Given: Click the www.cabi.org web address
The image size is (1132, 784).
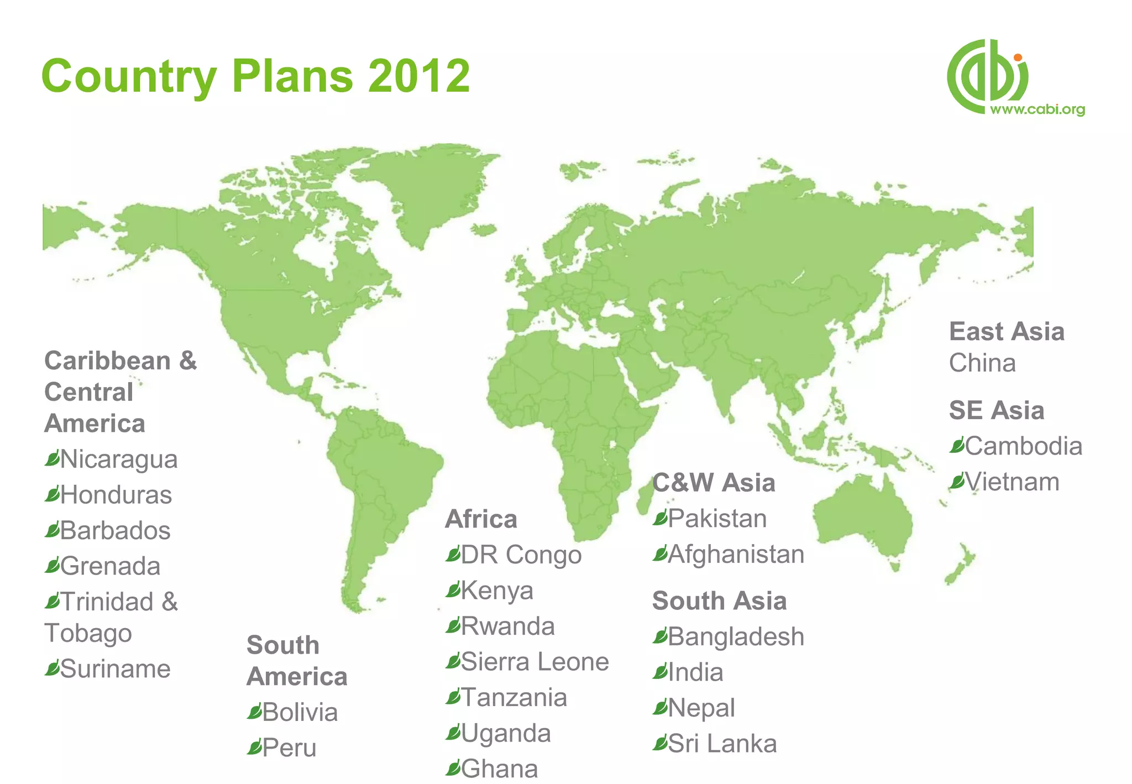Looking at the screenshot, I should [x=1037, y=109].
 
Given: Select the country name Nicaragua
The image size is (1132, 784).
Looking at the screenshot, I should [x=119, y=459].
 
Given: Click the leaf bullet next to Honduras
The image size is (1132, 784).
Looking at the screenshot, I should [x=52, y=494].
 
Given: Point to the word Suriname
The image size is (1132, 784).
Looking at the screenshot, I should [x=115, y=669].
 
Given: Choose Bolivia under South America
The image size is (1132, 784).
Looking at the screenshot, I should [x=300, y=712].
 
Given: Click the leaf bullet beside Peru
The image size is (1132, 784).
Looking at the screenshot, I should [x=254, y=747].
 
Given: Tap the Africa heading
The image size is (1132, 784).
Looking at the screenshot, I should [x=481, y=519].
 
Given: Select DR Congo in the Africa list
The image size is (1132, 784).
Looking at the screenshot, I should [x=521, y=555].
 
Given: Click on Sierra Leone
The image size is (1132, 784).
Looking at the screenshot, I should [x=534, y=662].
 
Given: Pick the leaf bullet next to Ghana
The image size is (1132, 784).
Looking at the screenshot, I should [x=453, y=768].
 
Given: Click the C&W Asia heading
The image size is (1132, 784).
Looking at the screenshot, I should [x=714, y=483].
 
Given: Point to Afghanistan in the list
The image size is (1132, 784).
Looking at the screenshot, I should [x=736, y=554].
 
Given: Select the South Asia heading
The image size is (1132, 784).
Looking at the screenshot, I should [x=719, y=601].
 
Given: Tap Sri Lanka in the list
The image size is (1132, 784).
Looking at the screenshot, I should [x=722, y=744].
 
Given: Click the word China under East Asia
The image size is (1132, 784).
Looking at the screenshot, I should [x=982, y=363].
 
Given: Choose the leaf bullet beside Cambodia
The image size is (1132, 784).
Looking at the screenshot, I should [x=957, y=445].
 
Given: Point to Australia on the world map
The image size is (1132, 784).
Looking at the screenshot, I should [x=862, y=520].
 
